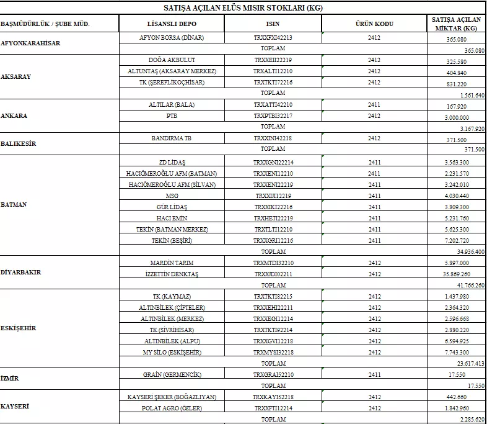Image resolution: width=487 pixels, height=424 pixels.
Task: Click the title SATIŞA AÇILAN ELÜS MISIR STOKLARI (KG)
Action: point(243,9)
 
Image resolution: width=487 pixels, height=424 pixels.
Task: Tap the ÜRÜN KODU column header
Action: point(374,24)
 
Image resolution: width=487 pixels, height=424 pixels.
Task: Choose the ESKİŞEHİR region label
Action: point(19,328)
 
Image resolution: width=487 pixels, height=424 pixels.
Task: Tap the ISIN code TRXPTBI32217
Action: point(273,116)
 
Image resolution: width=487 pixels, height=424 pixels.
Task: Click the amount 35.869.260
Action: point(457,274)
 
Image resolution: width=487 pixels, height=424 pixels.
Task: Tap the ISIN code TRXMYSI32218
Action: point(273,352)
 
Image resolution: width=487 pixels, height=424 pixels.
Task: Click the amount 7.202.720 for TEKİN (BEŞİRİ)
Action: point(457,241)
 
